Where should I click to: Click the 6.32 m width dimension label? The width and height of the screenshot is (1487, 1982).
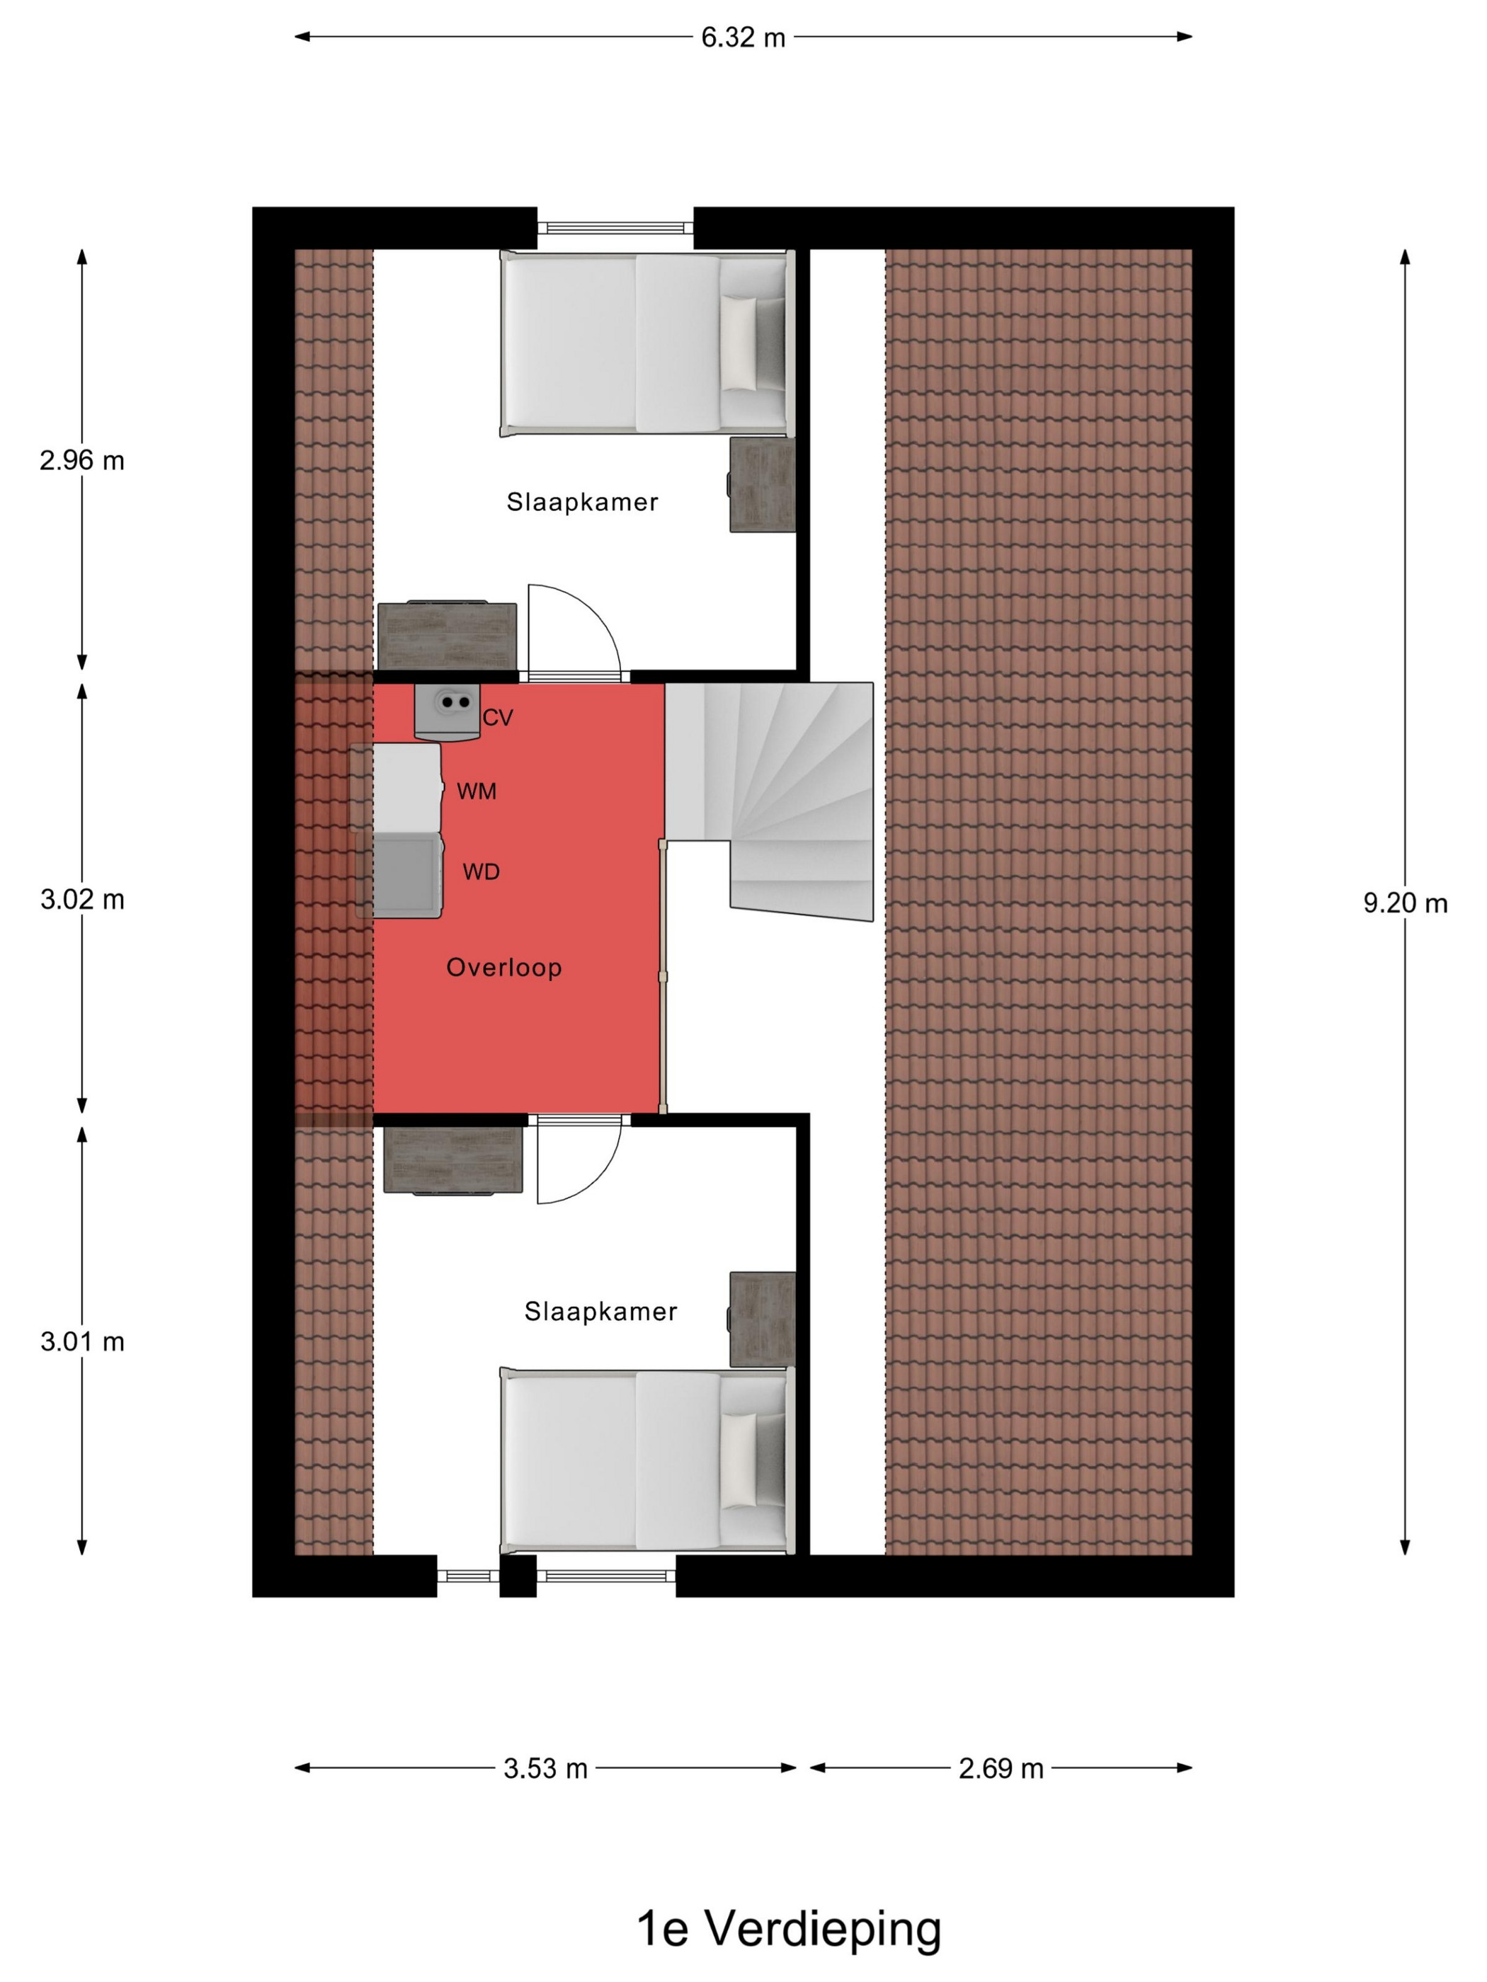743,38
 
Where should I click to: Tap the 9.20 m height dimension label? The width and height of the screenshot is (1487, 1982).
1406,903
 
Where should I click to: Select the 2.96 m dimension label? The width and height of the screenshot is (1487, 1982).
81,461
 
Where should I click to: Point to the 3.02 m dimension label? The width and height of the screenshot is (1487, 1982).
81,900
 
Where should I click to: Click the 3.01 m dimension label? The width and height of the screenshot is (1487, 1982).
81,1341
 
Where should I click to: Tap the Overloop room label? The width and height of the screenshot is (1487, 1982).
503,968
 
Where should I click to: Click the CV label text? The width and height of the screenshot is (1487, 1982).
498,718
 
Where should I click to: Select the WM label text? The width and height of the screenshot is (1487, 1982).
477,791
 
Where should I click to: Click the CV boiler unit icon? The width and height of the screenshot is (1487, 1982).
446,712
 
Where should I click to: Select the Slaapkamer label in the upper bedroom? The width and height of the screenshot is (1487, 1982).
583,503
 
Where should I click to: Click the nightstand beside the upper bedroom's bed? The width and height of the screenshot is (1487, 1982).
762,485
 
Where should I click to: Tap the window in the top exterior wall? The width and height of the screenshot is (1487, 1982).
615,229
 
